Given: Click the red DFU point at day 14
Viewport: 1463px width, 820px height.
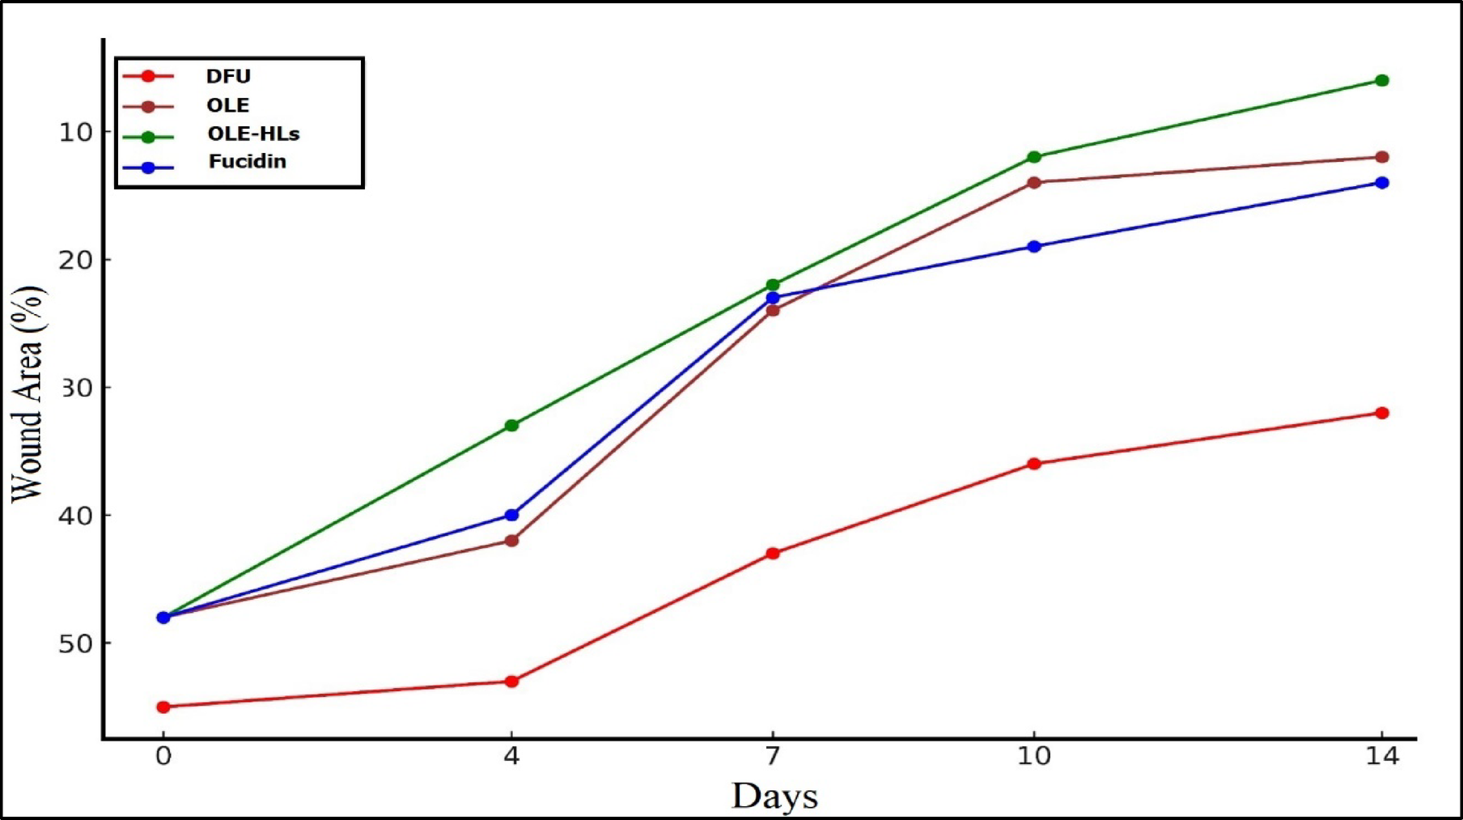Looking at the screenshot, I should tap(1382, 413).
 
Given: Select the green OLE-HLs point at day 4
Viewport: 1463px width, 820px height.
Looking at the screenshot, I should tap(511, 425).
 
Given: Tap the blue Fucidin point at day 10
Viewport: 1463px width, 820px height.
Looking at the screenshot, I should tap(1034, 246).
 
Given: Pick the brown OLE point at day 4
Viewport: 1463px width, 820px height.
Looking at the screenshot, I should tap(511, 540).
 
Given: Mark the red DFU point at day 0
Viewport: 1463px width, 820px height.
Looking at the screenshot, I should tap(163, 707).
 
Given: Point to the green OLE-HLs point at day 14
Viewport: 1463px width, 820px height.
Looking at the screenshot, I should tap(1382, 80).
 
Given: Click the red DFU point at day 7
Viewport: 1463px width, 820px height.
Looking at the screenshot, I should tap(773, 553).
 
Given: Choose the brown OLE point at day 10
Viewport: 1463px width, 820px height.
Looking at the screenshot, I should tap(1034, 182).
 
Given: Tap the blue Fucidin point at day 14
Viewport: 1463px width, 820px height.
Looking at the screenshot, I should tap(1382, 183).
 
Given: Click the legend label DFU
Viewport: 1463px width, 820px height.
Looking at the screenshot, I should tap(228, 76).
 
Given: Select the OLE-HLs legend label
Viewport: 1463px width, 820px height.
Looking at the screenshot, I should tap(253, 134).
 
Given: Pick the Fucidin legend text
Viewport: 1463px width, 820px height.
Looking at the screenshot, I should tap(248, 161).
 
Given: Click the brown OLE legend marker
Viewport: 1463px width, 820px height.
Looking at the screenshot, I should tap(148, 106).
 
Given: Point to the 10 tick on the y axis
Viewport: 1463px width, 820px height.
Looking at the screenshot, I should tap(76, 132).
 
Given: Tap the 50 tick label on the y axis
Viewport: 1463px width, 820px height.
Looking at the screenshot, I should tap(76, 644).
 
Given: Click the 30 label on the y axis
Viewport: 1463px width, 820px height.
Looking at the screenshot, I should tap(76, 388).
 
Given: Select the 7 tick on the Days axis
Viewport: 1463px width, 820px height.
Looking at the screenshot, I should tap(773, 756).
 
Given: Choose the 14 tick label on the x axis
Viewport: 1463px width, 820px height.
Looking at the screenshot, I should tap(1382, 756).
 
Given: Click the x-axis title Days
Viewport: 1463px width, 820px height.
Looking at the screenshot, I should tap(774, 796).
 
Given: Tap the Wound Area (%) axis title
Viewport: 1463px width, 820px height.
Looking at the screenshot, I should tap(27, 394).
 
